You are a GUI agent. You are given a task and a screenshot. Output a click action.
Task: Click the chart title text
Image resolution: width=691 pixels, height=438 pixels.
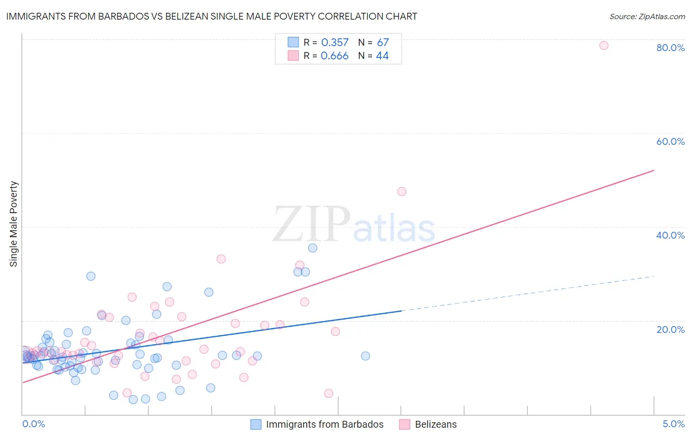pos(211,16)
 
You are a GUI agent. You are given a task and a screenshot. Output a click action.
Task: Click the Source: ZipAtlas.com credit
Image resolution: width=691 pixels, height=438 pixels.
pos(647,16)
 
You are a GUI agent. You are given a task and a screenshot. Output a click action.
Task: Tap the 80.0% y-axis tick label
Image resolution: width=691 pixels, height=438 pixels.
pos(670,48)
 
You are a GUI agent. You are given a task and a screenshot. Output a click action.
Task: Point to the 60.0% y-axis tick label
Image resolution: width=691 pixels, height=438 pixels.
pos(670,141)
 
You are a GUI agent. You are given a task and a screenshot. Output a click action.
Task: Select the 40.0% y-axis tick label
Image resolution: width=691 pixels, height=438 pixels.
pos(670,235)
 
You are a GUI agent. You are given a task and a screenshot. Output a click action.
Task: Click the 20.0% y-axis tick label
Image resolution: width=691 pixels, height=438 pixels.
pos(670,329)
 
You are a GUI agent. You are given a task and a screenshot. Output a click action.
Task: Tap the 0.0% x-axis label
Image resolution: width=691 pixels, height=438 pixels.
pos(33,424)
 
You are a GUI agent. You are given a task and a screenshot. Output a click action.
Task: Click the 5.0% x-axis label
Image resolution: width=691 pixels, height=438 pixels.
pos(673,424)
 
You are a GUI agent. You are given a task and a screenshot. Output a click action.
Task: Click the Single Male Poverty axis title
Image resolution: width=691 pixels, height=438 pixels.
pos(14,224)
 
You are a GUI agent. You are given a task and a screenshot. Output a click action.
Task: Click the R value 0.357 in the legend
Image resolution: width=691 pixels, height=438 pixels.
pos(335,43)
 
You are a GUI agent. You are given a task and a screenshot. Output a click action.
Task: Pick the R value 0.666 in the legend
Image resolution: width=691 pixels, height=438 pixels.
pos(334,56)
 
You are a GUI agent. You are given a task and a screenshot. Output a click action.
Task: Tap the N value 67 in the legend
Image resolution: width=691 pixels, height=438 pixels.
pos(383,43)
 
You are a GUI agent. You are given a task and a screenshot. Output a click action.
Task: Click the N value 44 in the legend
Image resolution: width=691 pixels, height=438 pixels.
pos(382,56)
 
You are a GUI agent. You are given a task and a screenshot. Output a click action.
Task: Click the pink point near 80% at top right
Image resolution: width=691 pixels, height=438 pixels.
pos(604,46)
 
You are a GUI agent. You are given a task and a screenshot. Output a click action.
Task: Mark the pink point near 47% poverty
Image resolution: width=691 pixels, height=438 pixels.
pos(402,192)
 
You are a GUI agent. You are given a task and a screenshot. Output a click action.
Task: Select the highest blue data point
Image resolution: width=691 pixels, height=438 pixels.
pos(313,248)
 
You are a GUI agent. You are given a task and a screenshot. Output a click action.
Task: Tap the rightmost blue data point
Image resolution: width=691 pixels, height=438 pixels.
pos(365,356)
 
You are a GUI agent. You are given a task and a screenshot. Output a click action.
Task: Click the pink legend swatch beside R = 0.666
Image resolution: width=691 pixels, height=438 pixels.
pos(293,55)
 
